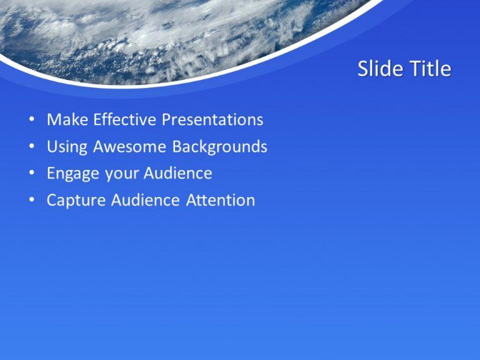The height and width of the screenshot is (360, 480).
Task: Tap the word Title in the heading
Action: [x=429, y=69]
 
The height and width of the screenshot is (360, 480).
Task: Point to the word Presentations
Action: [x=212, y=119]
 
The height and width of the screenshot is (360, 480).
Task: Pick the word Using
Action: [x=67, y=147]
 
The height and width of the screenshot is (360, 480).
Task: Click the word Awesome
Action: [x=130, y=147]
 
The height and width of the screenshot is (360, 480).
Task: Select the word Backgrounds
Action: [x=219, y=147]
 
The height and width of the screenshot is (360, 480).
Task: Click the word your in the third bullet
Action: [x=121, y=174]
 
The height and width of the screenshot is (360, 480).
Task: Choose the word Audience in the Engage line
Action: [x=177, y=173]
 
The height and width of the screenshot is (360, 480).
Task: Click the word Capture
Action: [x=76, y=201]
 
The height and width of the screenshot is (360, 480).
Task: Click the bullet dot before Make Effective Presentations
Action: [x=31, y=120]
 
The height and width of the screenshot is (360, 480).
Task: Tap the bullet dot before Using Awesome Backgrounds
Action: [x=31, y=147]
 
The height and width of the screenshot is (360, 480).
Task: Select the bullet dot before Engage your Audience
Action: [x=31, y=174]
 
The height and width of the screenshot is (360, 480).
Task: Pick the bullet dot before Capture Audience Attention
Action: [x=31, y=201]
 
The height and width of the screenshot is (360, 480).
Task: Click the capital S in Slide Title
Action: [x=363, y=69]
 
